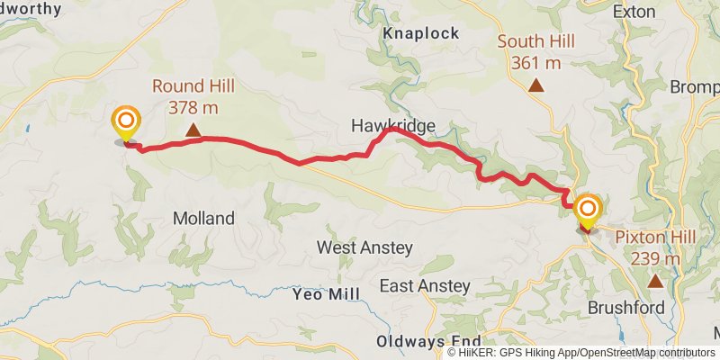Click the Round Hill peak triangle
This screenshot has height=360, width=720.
(x=193, y=130)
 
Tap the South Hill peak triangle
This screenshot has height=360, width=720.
(x=536, y=85)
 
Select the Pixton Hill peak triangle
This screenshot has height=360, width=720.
(x=655, y=282)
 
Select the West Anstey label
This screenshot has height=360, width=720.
(x=364, y=247)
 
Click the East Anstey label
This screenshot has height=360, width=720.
(x=425, y=286)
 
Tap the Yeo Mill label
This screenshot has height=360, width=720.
(x=326, y=294)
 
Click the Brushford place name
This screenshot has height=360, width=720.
(x=626, y=308)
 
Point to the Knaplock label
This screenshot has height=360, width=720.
(x=421, y=33)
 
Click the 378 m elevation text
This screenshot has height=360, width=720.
(x=193, y=108)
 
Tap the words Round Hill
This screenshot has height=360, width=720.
(x=193, y=87)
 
